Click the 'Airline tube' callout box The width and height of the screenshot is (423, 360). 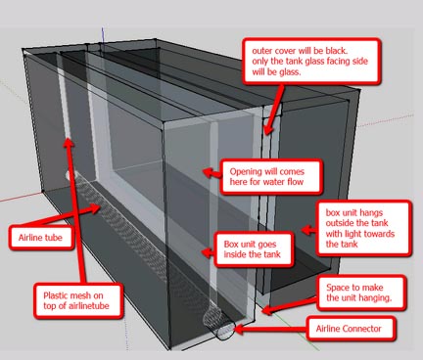point(41,237)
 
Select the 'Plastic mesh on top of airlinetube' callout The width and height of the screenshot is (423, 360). point(78,300)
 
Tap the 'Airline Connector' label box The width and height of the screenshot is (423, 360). point(351,329)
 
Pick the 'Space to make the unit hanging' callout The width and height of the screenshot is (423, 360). point(361,292)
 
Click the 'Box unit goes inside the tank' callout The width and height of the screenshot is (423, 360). point(254,249)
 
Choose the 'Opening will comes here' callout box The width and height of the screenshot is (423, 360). point(271,176)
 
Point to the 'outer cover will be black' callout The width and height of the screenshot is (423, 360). point(311,61)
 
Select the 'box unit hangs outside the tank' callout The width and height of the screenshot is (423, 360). point(363,228)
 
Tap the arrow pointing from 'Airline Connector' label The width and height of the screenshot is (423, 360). point(270,330)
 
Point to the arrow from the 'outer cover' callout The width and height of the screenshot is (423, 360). point(273,109)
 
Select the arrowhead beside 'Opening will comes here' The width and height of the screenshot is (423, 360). point(209,171)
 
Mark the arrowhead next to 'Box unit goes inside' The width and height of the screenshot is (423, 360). point(208,252)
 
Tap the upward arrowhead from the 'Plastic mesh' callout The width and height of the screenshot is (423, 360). point(69,143)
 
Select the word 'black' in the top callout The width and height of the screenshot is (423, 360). point(336,51)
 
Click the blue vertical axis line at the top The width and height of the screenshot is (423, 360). point(103,35)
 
